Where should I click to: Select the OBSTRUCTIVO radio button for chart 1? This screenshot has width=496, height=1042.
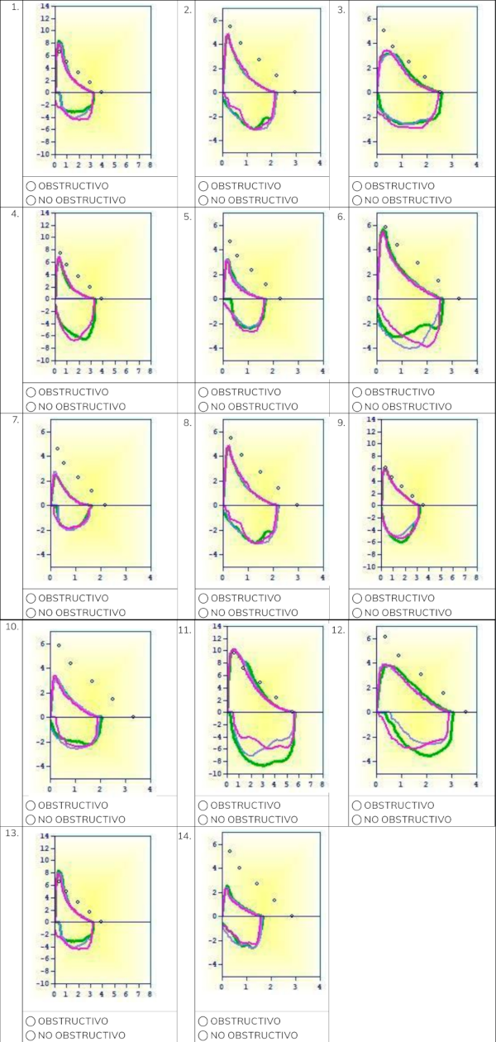coord(31,186)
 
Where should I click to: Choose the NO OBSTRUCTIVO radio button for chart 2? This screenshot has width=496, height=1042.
coord(203,199)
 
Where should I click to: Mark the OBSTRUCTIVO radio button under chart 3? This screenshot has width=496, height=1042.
coord(356,186)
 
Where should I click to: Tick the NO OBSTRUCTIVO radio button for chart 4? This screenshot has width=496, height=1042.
coord(31,406)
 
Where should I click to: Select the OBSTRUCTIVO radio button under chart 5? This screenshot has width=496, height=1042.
coord(203,393)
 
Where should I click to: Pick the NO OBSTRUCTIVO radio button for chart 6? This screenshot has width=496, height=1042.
coord(356,406)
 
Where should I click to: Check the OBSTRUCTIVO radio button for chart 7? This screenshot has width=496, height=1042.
coord(31,598)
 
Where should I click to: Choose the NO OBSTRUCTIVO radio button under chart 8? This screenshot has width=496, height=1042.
coord(203,612)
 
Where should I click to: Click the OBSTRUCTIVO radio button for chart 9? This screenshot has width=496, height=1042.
coord(356,598)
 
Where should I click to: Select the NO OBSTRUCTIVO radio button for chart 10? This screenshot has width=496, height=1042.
coord(31,819)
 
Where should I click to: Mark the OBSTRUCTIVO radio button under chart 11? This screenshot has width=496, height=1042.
coord(203,805)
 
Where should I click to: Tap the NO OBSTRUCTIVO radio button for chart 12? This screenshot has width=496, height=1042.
coord(356,819)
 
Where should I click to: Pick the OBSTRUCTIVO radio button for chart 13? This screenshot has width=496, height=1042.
coord(31,1020)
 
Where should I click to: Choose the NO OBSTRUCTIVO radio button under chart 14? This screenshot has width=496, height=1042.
coord(203,1035)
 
